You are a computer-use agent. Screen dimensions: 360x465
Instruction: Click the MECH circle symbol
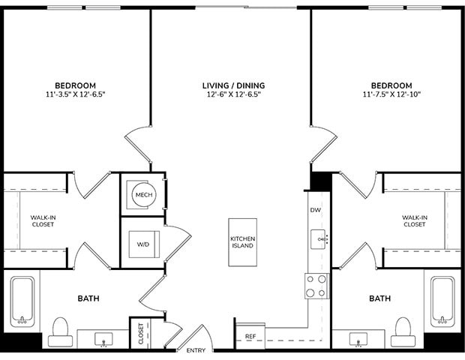click(x=142, y=195)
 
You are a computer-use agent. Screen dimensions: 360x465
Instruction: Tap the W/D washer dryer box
click(x=142, y=244)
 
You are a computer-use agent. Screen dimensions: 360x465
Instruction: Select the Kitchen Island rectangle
click(x=243, y=241)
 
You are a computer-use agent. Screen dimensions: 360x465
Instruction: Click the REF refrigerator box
click(x=250, y=337)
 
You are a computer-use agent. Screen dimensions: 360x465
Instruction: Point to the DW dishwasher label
click(x=316, y=210)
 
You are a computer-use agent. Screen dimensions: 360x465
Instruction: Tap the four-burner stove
click(x=316, y=285)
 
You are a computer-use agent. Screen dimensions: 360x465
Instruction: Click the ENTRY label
click(x=196, y=350)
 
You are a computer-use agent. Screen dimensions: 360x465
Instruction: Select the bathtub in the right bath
click(x=441, y=301)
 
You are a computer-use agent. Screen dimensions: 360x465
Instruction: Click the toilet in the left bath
click(x=61, y=330)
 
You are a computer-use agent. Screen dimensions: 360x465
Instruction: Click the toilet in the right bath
click(x=403, y=330)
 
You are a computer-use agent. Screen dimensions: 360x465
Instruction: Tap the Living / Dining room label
click(x=232, y=85)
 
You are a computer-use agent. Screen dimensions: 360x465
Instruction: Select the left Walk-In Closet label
click(x=42, y=220)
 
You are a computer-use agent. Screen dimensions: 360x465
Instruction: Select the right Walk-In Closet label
click(x=415, y=220)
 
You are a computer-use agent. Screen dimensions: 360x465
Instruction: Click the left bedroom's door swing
click(x=139, y=146)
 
